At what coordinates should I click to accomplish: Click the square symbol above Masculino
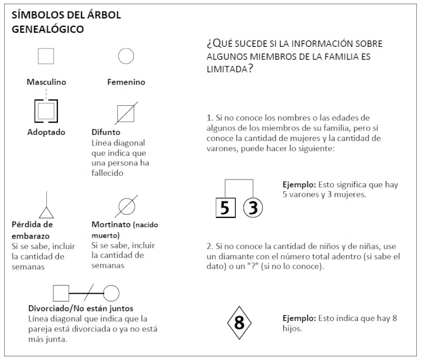tap(46, 56)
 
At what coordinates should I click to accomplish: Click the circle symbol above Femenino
tap(126, 56)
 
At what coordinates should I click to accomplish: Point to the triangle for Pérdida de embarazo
tap(46, 212)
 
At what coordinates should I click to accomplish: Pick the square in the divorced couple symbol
tap(61, 293)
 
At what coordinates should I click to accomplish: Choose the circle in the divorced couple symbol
tap(111, 293)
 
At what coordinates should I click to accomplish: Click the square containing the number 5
tap(225, 208)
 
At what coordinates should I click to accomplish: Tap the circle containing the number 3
tap(253, 208)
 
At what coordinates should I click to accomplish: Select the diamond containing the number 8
tap(239, 322)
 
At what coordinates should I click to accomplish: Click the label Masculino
tap(46, 82)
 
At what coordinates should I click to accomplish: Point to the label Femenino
tap(126, 82)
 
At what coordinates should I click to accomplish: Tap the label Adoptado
tap(46, 132)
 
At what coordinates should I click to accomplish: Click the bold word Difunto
tap(106, 132)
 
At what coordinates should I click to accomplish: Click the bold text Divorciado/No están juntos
tap(81, 308)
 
